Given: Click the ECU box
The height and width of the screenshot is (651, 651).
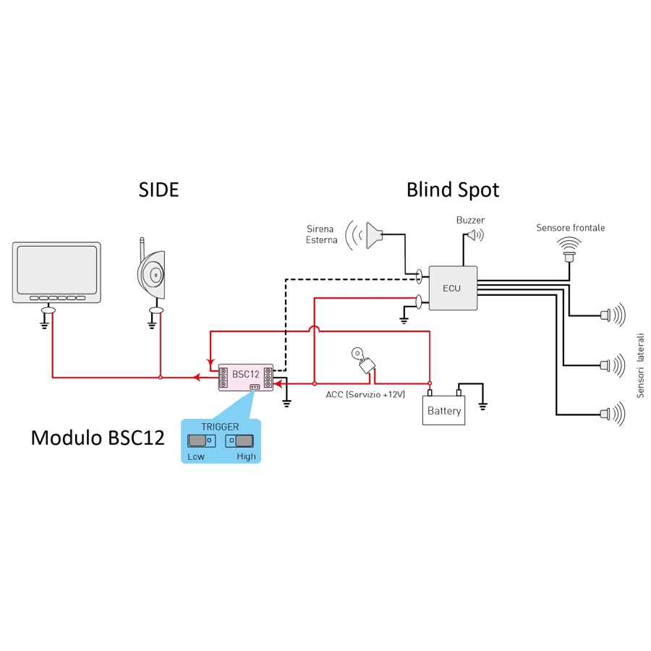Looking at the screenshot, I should click(x=453, y=288).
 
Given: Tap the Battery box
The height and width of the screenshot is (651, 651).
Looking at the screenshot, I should click(x=443, y=411).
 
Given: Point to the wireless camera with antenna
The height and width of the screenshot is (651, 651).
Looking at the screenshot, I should click(x=153, y=274).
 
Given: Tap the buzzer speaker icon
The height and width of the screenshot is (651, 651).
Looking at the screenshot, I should click(x=473, y=235).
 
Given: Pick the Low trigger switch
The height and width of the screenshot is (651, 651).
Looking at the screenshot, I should click(x=197, y=441).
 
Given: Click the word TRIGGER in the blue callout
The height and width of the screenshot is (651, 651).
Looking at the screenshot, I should click(x=220, y=427).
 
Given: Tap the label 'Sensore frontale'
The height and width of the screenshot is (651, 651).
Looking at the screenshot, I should click(x=570, y=228).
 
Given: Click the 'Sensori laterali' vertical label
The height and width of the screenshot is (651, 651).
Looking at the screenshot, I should click(x=639, y=365).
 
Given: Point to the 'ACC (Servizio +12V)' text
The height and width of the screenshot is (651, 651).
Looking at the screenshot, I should click(x=365, y=394).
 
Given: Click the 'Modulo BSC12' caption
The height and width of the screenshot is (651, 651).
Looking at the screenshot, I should click(x=98, y=438).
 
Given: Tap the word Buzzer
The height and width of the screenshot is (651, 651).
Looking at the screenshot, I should click(x=470, y=220).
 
